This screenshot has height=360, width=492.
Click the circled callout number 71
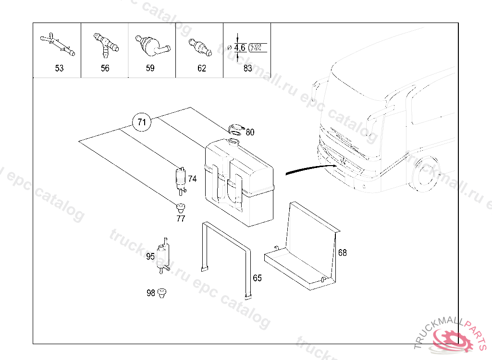142,122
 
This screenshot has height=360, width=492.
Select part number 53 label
59,68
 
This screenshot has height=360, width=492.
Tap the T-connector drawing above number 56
106,45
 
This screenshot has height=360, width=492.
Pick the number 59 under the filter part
150,68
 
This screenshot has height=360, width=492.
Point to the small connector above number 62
200,47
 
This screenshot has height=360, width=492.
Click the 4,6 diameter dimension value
240,48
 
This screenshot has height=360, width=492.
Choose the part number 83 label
248,68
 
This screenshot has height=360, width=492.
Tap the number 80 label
250,132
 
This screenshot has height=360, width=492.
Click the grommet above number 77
181,207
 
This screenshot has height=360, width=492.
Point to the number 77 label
181,218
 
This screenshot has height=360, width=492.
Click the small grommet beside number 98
161,293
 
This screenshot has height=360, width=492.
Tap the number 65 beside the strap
258,278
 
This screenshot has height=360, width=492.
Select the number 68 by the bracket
342,253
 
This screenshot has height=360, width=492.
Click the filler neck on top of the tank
234,142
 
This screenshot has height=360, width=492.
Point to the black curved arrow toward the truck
311,168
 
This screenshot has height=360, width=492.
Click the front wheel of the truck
424,174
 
